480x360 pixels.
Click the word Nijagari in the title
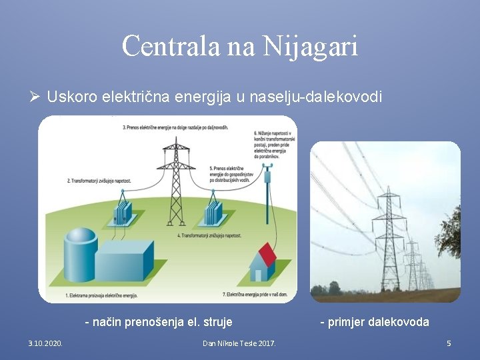tap(311, 47)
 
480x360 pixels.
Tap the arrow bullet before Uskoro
tap(36, 97)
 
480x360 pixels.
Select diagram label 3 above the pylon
tap(175, 127)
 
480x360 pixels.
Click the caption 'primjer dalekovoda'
tap(375, 323)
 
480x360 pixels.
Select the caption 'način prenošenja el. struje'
tap(159, 323)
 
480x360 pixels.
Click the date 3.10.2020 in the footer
tap(45, 343)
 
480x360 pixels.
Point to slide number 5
tap(449, 343)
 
